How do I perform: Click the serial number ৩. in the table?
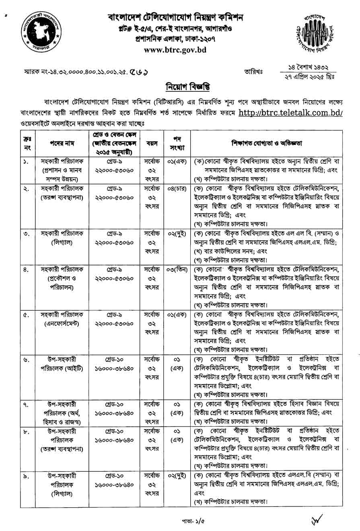pos(27,233)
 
